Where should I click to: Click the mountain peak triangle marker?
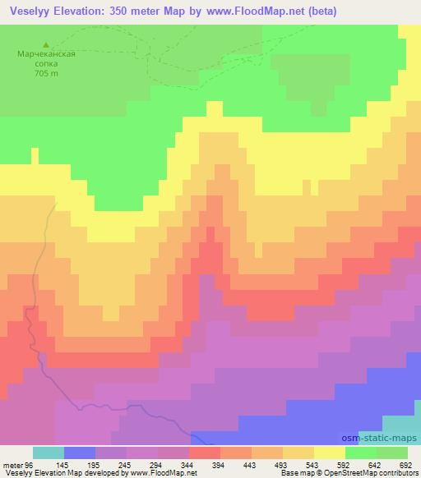point(46,44)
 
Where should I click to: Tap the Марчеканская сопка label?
point(46,61)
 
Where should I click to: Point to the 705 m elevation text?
point(46,73)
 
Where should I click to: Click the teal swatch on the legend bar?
point(49,453)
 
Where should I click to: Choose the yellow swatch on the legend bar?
point(330,453)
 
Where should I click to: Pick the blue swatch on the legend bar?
point(80,453)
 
